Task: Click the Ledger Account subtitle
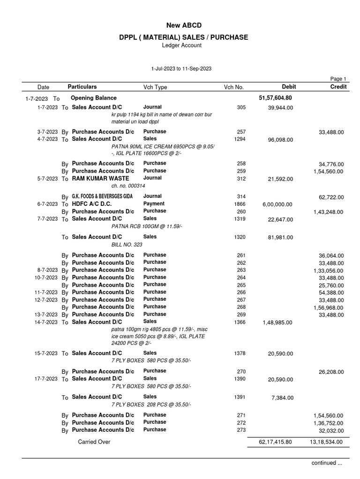coord(181,45)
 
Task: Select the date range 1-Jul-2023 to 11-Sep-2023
coord(181,68)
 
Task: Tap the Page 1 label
coord(338,79)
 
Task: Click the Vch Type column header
coord(155,87)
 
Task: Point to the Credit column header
coord(338,87)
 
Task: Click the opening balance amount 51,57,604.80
coord(275,98)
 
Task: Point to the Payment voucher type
coord(154,203)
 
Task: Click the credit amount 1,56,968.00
coord(328,308)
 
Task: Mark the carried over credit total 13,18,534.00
coord(326,442)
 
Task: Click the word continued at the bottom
coord(323,463)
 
